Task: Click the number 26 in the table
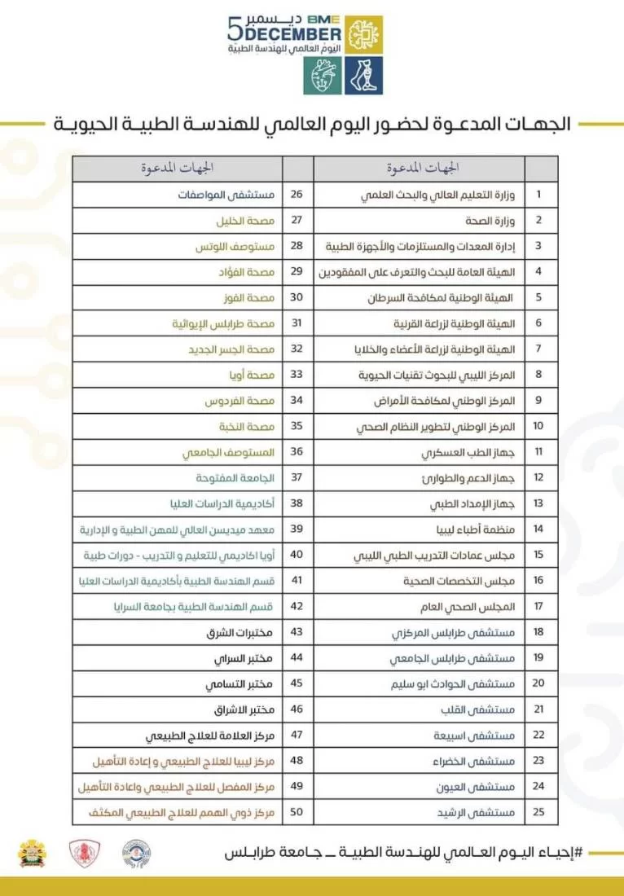pos(297,195)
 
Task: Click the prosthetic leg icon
pos(363,77)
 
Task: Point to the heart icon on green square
pos(323,77)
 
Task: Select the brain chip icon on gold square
pos(363,35)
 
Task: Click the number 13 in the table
pos(538,504)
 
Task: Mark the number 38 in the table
pos(297,504)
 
